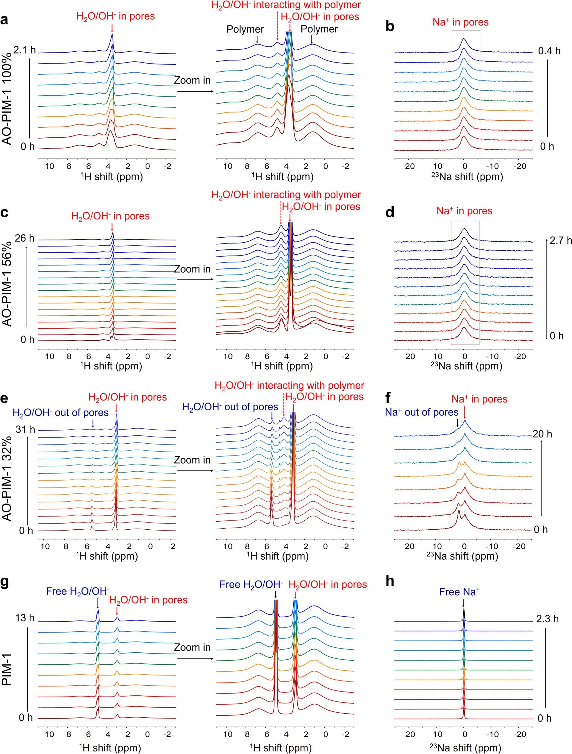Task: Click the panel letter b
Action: tap(390, 27)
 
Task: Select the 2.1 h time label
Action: tap(24, 50)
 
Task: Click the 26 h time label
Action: tap(24, 238)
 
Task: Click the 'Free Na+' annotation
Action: tap(459, 592)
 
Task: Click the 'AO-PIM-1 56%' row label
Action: tap(7, 284)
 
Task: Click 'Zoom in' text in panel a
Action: tap(192, 81)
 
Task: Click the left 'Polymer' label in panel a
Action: tap(245, 29)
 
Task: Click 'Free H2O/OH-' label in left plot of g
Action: tap(78, 591)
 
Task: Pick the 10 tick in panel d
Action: tap(438, 356)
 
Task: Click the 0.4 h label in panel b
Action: tap(549, 51)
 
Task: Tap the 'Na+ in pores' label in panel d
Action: tap(464, 211)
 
